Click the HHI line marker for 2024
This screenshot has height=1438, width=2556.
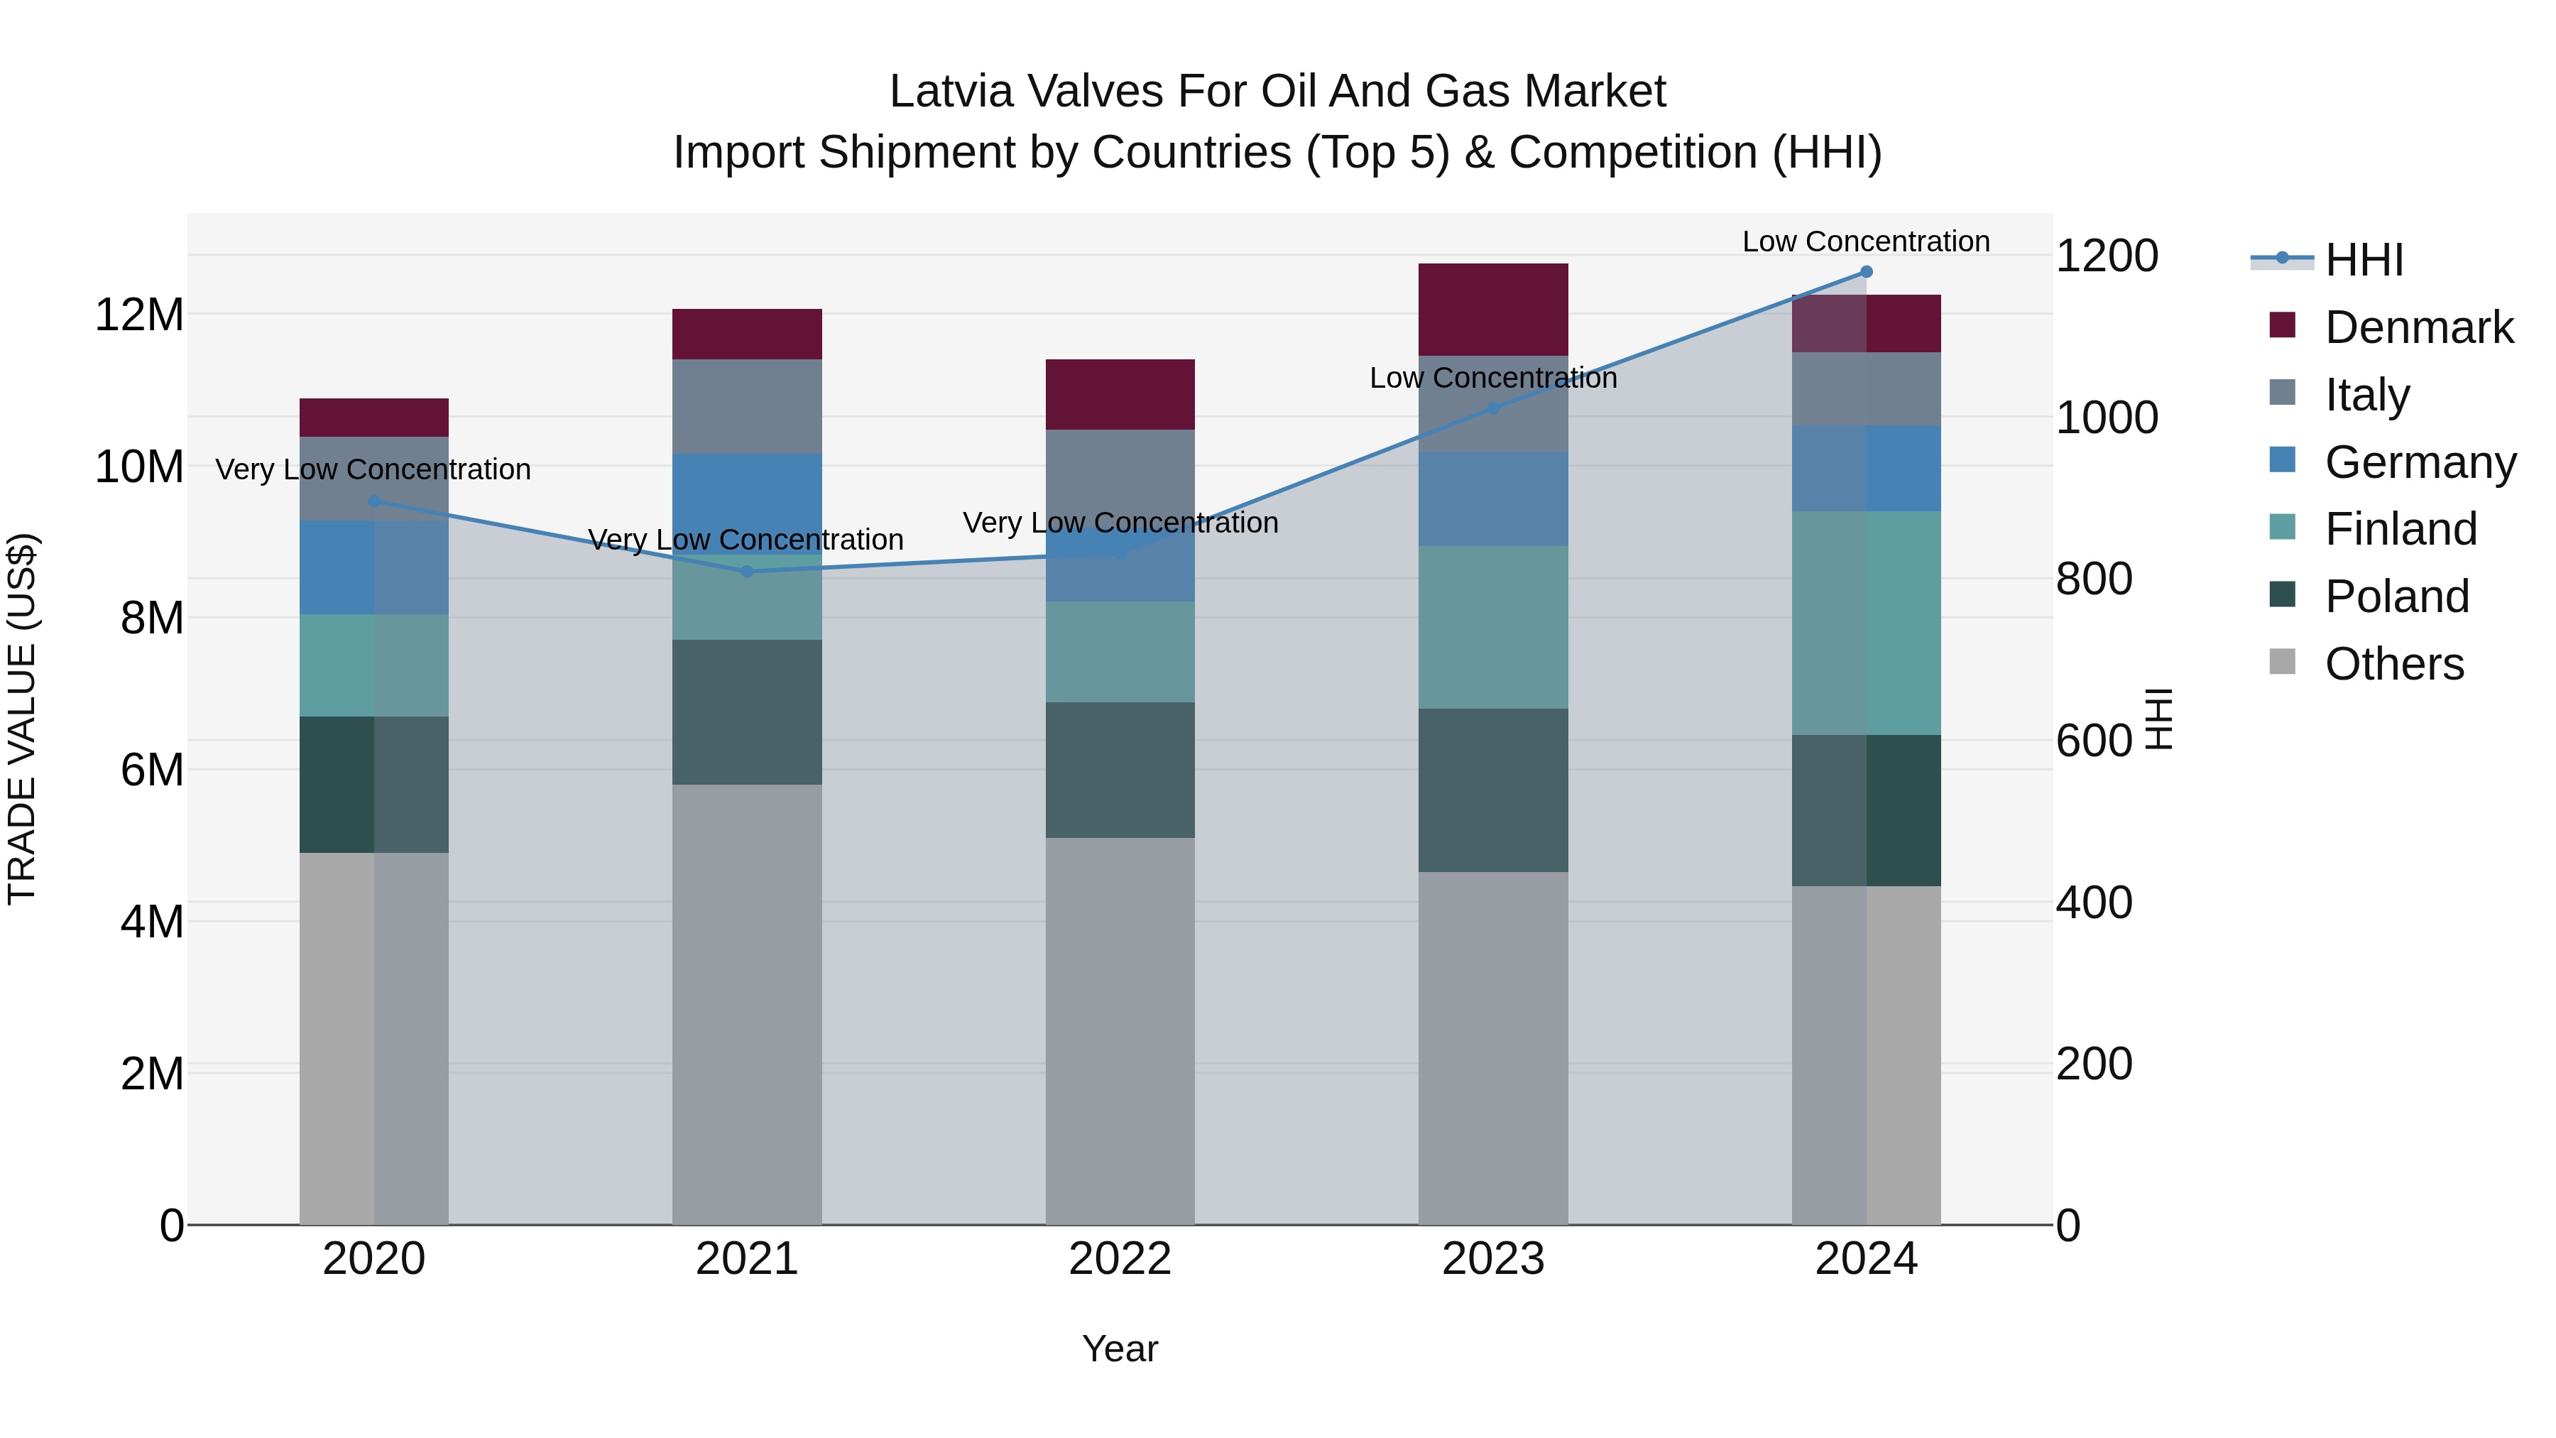pyautogui.click(x=1865, y=272)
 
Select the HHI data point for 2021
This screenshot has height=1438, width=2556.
pyautogui.click(x=747, y=572)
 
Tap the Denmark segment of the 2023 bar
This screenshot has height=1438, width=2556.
pyautogui.click(x=1492, y=310)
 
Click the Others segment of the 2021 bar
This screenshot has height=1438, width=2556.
pyautogui.click(x=747, y=1004)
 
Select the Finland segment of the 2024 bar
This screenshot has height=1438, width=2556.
pyautogui.click(x=1865, y=623)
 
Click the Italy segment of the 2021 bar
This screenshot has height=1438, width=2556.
pyautogui.click(x=747, y=406)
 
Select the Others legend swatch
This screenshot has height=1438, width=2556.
pyautogui.click(x=2282, y=662)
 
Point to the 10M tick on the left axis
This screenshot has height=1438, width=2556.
pyautogui.click(x=139, y=467)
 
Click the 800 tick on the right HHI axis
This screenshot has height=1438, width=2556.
pyautogui.click(x=2094, y=579)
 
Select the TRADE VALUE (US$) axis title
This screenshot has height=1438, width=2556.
pyautogui.click(x=22, y=719)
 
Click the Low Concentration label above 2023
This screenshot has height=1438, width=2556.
pyautogui.click(x=1492, y=378)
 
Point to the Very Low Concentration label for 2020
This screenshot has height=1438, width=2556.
pyautogui.click(x=373, y=469)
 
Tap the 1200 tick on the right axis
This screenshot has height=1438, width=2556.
pyautogui.click(x=2106, y=256)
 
